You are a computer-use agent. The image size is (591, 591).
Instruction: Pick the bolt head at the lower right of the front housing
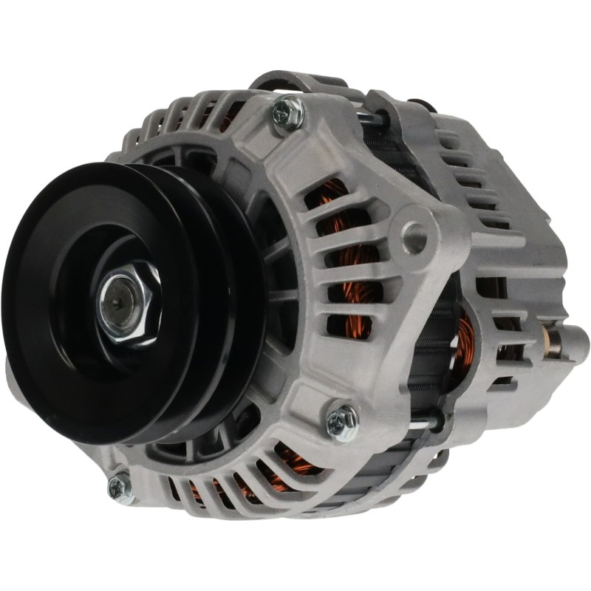(341, 420)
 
